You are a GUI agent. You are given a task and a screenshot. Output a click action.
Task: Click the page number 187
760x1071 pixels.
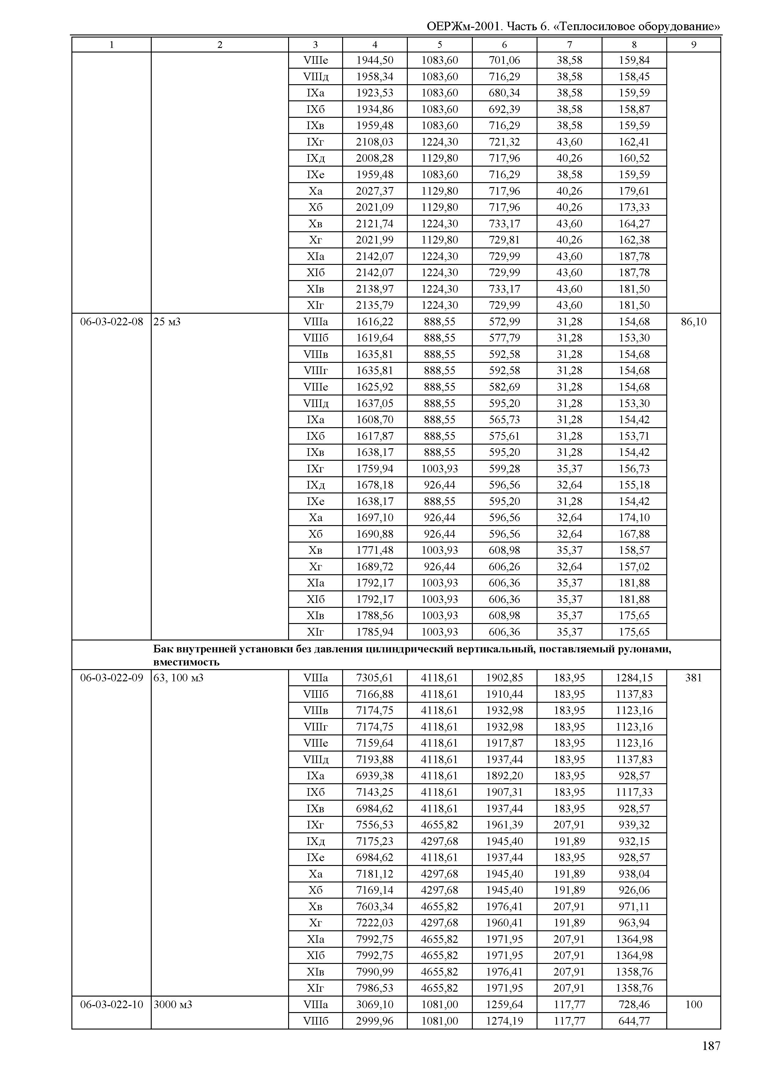coord(711,1046)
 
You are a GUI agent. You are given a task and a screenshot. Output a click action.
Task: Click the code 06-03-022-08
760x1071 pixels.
coord(111,321)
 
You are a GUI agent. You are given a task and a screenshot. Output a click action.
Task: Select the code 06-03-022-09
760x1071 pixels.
coord(111,677)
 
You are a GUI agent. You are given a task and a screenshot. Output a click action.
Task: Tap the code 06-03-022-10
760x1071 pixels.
coord(111,1004)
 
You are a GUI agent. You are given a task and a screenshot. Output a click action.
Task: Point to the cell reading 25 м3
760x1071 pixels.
coord(167,321)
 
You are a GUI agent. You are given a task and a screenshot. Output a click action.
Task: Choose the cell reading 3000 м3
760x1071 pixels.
coord(173,1004)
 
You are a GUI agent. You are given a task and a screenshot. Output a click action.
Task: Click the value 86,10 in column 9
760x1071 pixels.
coord(693,321)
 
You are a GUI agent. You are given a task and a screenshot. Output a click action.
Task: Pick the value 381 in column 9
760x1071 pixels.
coord(693,677)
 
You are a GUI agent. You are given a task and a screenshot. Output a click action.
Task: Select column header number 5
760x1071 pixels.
coord(440,45)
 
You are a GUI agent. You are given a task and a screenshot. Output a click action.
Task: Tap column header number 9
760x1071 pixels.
coord(693,45)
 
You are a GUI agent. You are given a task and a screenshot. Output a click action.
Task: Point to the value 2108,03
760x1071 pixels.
coord(375,142)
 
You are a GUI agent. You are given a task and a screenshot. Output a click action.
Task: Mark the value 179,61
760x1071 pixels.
coord(634,191)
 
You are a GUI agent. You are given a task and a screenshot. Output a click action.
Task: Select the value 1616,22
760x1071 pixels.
coord(375,321)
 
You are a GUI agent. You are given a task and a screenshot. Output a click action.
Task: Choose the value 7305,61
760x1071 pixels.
coord(375,677)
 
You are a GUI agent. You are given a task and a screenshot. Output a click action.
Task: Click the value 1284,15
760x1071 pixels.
coord(634,677)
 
